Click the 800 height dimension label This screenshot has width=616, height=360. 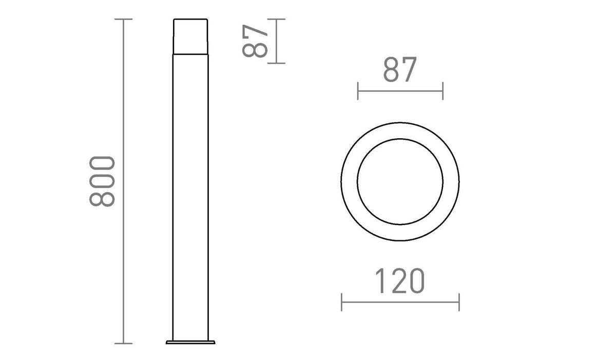(x=102, y=181)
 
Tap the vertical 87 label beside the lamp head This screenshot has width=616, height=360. (x=255, y=41)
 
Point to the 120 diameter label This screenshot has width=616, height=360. (x=399, y=281)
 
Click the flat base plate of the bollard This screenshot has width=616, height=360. (x=190, y=341)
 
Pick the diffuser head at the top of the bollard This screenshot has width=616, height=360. (x=190, y=36)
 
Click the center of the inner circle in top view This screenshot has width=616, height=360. (x=400, y=181)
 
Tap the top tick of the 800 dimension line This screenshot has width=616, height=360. (x=123, y=20)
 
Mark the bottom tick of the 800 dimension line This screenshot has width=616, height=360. (x=123, y=343)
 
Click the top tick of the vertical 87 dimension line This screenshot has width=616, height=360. (x=277, y=20)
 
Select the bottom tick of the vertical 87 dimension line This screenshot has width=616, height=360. (x=277, y=63)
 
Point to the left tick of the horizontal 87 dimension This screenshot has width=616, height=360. (x=358, y=91)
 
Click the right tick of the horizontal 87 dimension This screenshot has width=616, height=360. (x=442, y=91)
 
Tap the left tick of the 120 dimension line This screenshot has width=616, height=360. (x=342, y=302)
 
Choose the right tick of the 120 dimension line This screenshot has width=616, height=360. (x=459, y=302)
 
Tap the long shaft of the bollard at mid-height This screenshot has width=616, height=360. (x=190, y=195)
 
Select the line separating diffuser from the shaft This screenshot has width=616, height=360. (x=190, y=53)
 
